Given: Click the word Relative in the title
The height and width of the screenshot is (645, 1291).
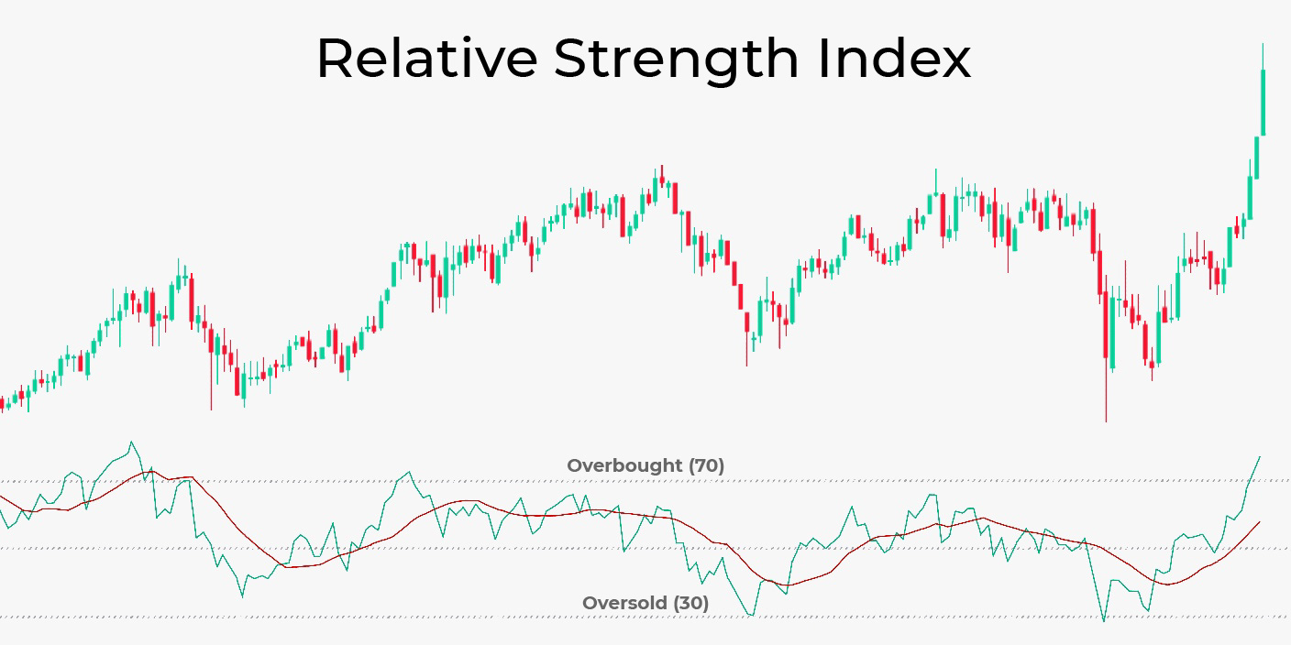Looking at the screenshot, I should click(x=426, y=59).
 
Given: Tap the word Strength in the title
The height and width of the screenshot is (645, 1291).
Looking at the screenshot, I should click(x=677, y=60).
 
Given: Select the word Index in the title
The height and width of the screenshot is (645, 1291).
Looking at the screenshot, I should click(x=894, y=59).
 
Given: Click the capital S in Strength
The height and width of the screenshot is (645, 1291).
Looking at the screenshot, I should click(x=571, y=59).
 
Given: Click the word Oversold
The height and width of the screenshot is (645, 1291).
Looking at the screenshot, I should click(x=624, y=603).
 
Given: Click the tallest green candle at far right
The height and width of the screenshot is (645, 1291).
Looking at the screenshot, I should click(x=1263, y=103).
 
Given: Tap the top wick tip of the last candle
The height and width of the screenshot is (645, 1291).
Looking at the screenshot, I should click(x=1263, y=43).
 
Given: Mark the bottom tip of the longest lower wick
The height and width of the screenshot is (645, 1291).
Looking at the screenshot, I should click(x=1106, y=421).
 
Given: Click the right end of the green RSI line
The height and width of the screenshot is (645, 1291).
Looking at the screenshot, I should click(x=1261, y=455).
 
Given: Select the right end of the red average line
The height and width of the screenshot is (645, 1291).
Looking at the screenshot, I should click(x=1261, y=521).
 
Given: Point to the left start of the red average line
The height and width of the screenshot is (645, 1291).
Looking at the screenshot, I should click(x=2, y=496).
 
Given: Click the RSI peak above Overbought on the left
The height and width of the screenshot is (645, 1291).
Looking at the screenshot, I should click(x=132, y=442).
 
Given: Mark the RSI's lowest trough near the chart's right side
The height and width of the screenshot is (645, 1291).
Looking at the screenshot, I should click(x=1104, y=620).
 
